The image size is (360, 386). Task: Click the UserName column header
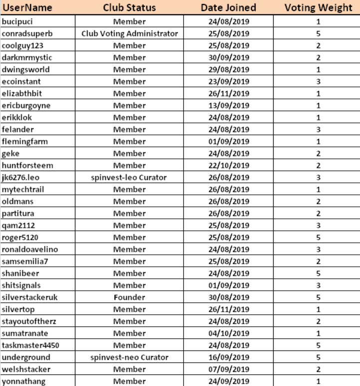[x=24, y=8]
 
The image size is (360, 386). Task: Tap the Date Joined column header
[x=228, y=8]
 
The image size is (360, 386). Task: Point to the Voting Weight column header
[x=318, y=8]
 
